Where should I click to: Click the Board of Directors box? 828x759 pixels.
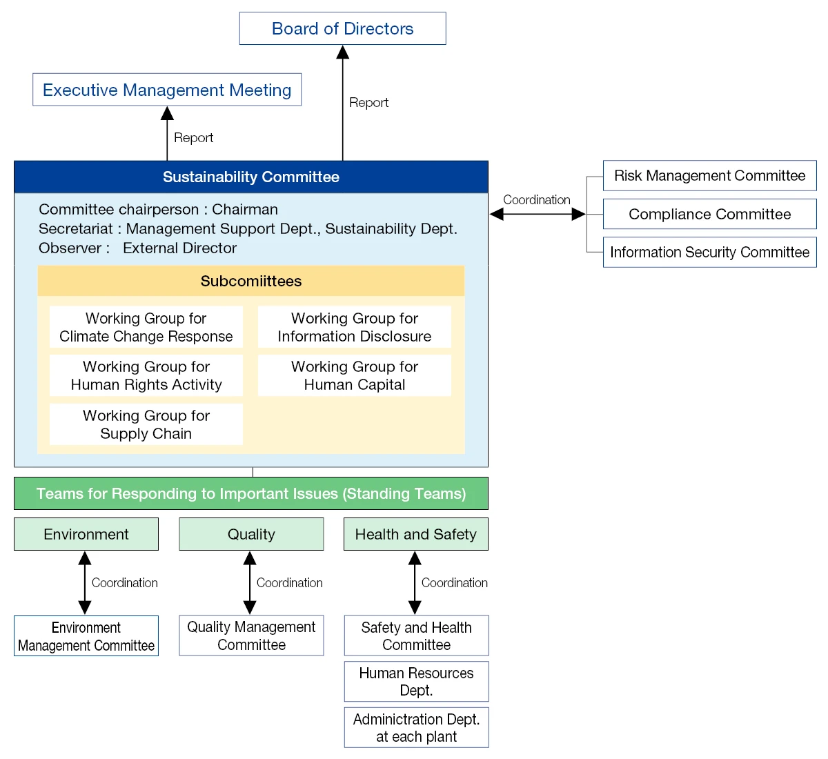(342, 29)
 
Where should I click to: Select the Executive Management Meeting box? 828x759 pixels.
(167, 90)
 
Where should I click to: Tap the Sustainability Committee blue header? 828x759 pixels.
(251, 177)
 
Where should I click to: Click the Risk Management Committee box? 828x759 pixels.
(709, 176)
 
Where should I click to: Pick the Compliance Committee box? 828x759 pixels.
(709, 215)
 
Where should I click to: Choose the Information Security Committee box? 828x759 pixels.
(709, 253)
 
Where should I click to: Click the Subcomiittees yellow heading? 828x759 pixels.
(251, 282)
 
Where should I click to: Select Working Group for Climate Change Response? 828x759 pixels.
(146, 328)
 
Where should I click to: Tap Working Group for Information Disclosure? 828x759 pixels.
(355, 328)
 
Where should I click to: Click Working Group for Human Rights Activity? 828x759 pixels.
(146, 376)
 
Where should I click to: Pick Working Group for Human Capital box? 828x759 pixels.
(355, 376)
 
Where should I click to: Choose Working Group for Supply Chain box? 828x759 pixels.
(146, 425)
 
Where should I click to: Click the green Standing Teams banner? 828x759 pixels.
(251, 494)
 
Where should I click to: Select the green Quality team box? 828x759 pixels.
(251, 535)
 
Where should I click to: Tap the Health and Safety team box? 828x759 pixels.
(416, 535)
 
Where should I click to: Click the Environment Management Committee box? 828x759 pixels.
(86, 636)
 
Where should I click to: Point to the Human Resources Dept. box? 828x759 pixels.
(416, 682)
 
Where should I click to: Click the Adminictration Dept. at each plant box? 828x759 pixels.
(416, 728)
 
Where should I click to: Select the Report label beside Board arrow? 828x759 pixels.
(368, 103)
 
